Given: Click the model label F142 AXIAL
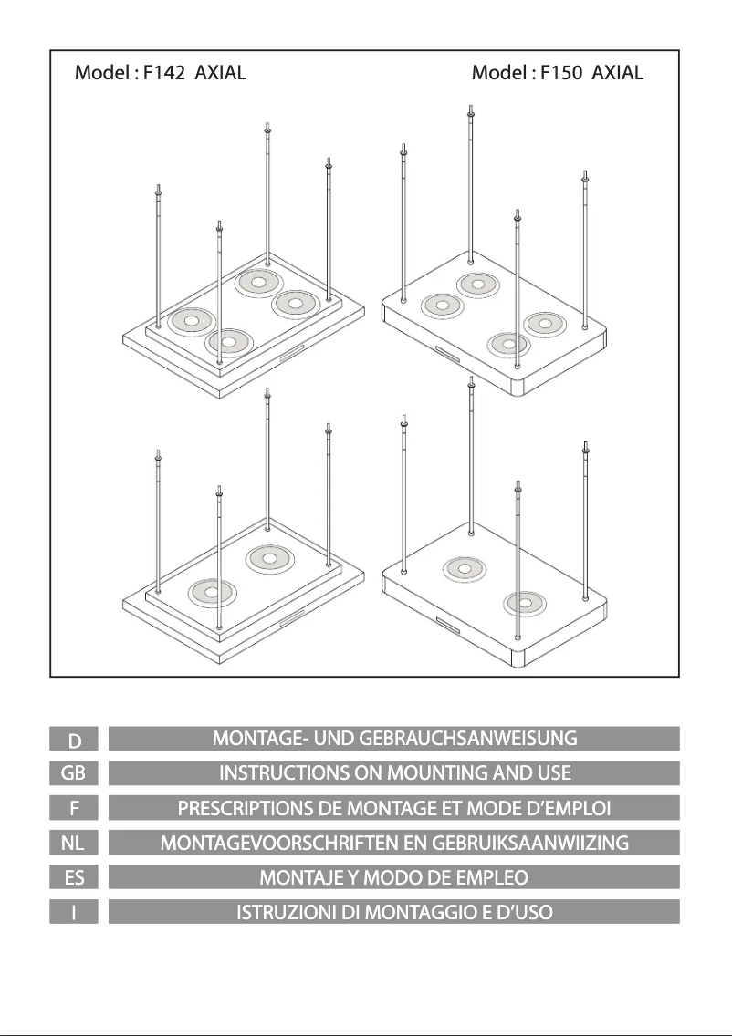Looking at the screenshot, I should click(160, 73).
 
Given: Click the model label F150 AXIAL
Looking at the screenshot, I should click(558, 73).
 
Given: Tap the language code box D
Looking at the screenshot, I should click(78, 738).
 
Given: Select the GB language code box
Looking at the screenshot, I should click(78, 773).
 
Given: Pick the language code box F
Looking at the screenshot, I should click(78, 808).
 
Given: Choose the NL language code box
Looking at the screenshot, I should click(78, 843).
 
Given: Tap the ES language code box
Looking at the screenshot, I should click(78, 877).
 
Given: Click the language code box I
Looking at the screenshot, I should click(78, 912).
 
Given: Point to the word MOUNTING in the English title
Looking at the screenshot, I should click(444, 773).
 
